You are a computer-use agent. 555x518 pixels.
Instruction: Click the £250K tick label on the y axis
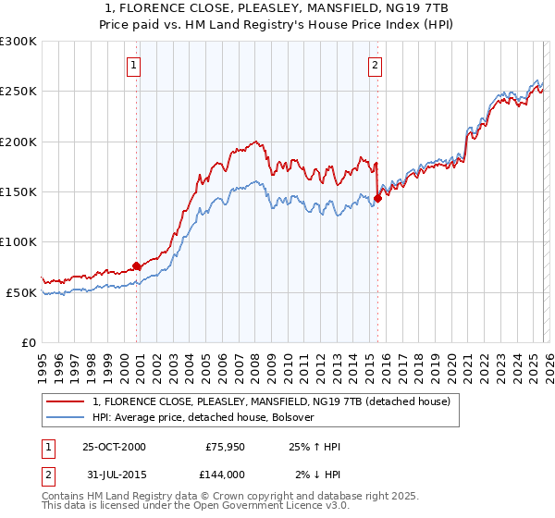click(18, 92)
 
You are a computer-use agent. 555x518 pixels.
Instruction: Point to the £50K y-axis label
click(20, 292)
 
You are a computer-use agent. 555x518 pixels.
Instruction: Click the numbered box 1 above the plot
click(135, 65)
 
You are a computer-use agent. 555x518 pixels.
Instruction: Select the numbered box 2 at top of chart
click(375, 65)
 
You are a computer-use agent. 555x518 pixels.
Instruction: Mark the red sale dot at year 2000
click(137, 266)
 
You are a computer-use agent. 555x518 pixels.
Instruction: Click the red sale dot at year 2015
click(378, 197)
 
